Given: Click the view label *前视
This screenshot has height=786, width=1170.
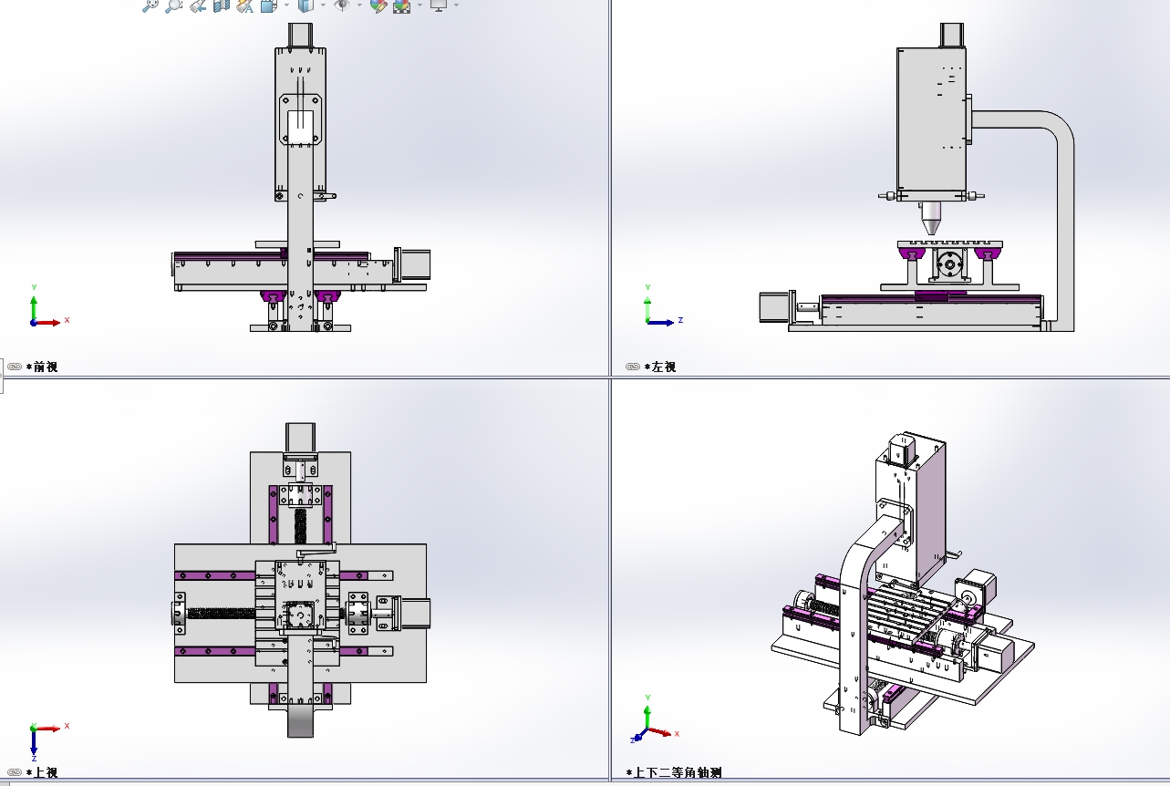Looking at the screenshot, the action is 42,367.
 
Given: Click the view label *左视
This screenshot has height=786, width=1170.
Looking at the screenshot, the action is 660,367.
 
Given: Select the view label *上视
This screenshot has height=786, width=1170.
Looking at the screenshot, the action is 42,772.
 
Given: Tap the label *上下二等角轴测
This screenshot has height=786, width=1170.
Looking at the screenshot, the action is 674,772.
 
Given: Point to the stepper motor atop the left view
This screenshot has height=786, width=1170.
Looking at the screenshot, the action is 952,36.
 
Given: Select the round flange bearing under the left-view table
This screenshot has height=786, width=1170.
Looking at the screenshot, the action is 949,264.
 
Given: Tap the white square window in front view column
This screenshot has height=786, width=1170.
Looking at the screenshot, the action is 300,127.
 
